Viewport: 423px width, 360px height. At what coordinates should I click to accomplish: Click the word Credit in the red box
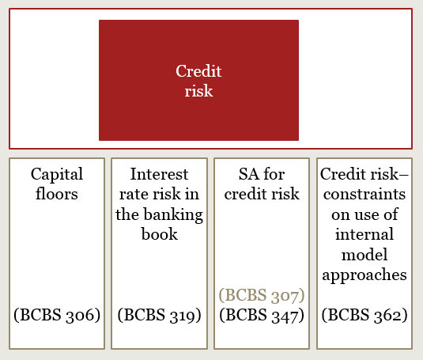pos(198,71)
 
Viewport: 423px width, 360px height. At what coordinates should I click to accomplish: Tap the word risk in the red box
pos(198,91)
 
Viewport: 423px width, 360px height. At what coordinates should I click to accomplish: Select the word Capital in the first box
pos(57,175)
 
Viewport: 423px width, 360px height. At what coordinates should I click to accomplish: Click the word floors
pos(57,194)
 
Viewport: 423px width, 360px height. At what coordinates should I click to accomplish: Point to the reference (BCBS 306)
pos(57,315)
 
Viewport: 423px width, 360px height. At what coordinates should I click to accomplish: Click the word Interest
pos(159,174)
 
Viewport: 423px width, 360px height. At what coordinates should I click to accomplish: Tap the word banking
pos(173,215)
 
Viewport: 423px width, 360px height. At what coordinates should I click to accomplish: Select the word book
pos(160,234)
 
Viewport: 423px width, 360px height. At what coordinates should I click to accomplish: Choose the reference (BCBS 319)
pos(160,315)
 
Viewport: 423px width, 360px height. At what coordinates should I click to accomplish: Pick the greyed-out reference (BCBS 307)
pos(262,295)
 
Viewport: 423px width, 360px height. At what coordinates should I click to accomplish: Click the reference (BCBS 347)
pos(262,315)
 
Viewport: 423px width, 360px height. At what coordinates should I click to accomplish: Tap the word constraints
pos(364,195)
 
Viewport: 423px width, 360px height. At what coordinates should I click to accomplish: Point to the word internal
pos(364,234)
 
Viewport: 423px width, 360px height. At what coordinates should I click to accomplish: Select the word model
pos(364,254)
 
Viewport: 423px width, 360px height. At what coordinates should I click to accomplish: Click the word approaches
pos(364,275)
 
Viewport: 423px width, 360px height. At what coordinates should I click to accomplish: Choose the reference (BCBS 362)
pos(364,315)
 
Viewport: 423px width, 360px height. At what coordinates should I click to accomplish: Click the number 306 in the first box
pos(80,315)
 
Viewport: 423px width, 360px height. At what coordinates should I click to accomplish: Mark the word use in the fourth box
pos(365,215)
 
